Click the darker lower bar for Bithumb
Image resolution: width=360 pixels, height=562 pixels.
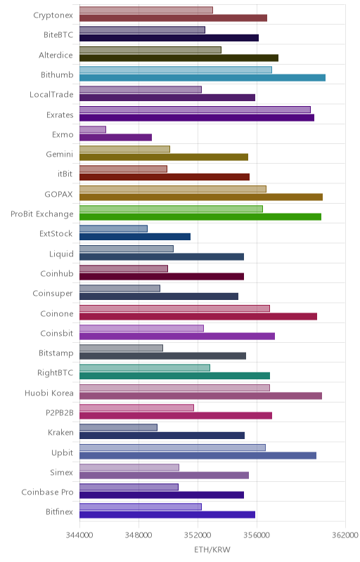[x=202, y=78]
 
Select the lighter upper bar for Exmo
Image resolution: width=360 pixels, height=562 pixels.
[x=93, y=129]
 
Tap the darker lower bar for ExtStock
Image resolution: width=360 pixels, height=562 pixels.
[x=135, y=237]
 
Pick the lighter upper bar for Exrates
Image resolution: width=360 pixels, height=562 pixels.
[x=195, y=110]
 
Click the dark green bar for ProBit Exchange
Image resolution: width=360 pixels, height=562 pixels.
[x=200, y=217]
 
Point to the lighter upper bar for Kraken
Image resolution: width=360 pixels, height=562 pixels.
[x=118, y=428]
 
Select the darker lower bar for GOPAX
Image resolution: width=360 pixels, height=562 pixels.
[x=201, y=197]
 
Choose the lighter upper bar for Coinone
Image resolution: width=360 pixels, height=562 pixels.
[x=174, y=308]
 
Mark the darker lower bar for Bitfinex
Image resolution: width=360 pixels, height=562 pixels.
[x=167, y=515]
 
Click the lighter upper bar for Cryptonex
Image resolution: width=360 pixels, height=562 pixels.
[x=146, y=10]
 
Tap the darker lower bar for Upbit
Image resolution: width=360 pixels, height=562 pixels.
[x=198, y=455]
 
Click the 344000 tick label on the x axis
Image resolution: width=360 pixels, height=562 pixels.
[x=79, y=535]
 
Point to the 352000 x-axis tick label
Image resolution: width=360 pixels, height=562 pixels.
[x=198, y=535]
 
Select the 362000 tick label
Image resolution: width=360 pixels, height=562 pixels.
[x=345, y=535]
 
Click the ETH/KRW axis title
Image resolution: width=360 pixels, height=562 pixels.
[x=212, y=549]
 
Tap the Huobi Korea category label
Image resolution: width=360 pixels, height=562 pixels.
[x=49, y=393]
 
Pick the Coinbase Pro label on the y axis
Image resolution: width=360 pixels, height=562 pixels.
[x=47, y=492]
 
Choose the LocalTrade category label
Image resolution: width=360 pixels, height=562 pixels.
[x=51, y=95]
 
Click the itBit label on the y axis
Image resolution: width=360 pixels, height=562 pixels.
[x=65, y=174]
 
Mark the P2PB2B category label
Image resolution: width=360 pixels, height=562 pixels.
[x=60, y=413]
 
